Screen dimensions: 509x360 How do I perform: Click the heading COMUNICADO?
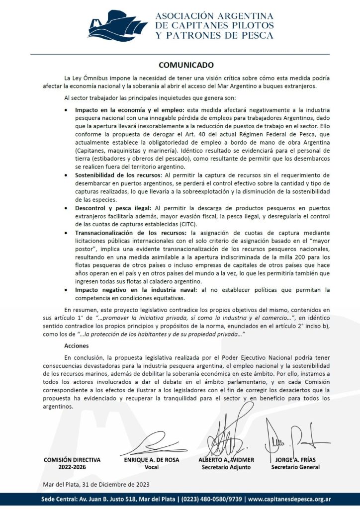pos(186,65)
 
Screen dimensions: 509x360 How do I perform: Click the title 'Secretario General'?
pos(295,467)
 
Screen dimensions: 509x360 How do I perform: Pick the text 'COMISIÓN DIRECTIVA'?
pos(72,460)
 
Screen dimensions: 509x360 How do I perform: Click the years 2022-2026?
pos(72,467)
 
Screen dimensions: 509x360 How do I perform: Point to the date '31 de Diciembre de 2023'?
pos(120,484)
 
